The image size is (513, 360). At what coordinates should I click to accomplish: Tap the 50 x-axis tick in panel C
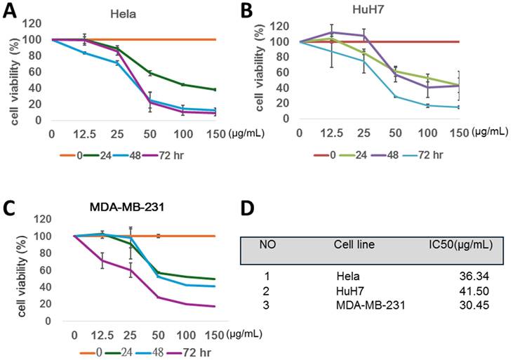coord(159,335)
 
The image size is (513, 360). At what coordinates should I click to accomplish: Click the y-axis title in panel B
coord(260,70)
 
